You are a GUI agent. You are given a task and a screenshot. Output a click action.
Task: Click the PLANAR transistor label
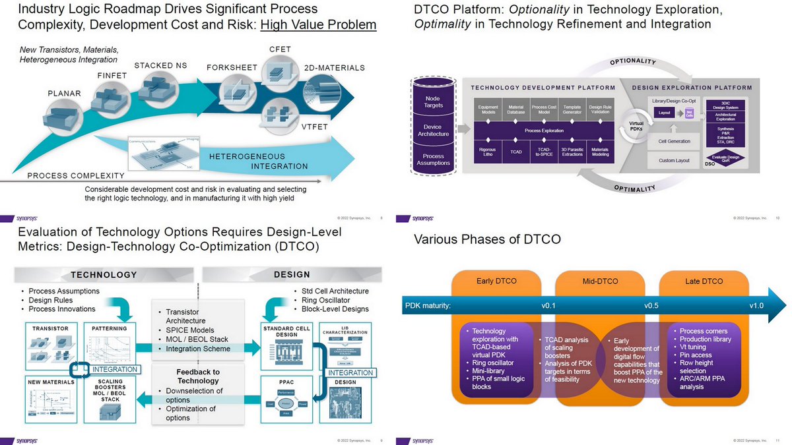[64, 93]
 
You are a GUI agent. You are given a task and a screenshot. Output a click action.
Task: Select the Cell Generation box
[674, 141]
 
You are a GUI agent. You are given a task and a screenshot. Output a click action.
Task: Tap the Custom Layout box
[674, 160]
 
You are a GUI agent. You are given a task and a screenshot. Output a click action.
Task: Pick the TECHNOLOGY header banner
[104, 275]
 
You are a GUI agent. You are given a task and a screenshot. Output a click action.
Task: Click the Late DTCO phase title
[704, 282]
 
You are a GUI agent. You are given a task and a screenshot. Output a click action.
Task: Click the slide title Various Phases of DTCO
[487, 239]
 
